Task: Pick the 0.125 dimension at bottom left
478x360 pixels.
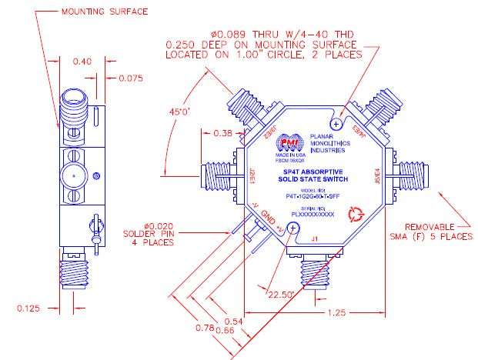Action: tap(28, 308)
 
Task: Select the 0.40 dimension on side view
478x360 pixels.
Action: tap(82, 62)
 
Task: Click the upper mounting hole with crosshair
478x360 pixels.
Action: tap(336, 123)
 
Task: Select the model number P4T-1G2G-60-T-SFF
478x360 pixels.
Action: tap(316, 197)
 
